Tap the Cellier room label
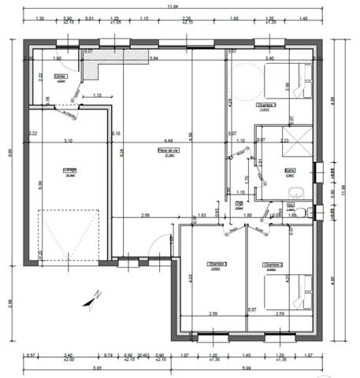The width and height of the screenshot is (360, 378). (60, 76)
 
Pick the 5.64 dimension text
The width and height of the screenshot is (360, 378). (155, 58)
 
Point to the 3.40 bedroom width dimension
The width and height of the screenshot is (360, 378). (270, 58)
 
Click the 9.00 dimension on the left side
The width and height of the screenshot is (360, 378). (9, 154)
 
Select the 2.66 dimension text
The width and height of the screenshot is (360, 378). (146, 215)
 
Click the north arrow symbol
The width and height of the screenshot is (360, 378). (95, 296)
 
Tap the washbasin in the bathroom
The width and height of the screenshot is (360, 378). (297, 192)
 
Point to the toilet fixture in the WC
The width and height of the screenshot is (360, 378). (308, 211)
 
